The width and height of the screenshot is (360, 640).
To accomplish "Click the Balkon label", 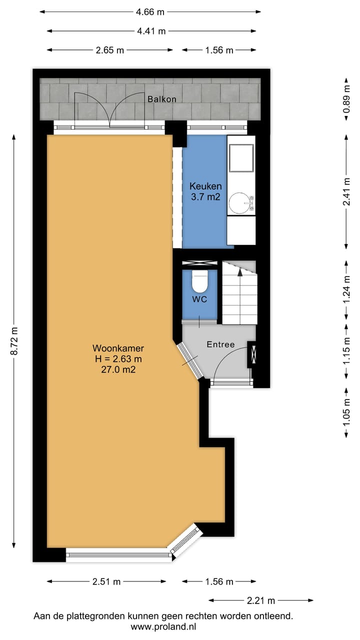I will point(161,99).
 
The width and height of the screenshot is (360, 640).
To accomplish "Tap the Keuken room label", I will point(205,186).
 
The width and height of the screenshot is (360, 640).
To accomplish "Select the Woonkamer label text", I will point(118,348).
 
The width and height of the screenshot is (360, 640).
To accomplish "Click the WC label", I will point(200,299).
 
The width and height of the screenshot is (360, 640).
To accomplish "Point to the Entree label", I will point(220,344).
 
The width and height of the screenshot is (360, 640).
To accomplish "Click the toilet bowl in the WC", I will point(200,282).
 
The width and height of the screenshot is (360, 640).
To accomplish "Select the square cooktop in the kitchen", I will point(241,158).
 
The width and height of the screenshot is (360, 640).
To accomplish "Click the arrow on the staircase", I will point(240,273).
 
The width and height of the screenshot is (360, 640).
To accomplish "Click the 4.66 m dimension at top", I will point(150,12).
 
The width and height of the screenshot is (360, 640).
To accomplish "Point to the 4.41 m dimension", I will point(151,31).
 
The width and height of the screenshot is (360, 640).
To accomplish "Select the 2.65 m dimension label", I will point(110,50).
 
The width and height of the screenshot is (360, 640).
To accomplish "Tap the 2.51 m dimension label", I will point(106,581).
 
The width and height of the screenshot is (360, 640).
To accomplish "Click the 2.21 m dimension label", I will point(261,600).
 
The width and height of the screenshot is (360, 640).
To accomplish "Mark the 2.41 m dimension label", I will point(345,191).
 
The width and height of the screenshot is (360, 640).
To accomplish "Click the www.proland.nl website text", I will point(163,626).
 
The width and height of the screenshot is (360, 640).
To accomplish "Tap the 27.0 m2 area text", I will point(118,370).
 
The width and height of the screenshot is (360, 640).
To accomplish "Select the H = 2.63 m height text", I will point(118,359).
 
